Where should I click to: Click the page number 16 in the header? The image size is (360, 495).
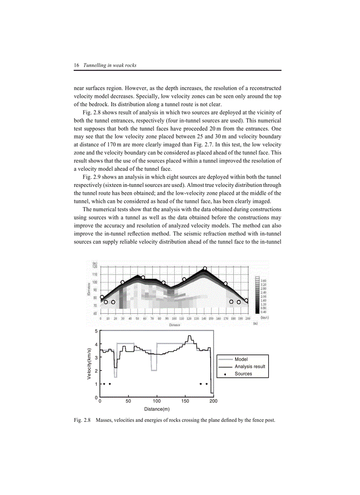click(x=76, y=65)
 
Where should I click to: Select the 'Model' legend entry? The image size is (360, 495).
click(x=241, y=360)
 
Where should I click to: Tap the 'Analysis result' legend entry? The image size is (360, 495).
click(x=250, y=367)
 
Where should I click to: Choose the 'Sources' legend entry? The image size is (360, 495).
click(x=243, y=374)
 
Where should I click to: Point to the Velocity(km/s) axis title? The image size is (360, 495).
click(x=89, y=364)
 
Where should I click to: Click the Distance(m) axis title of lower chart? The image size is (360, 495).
click(x=157, y=409)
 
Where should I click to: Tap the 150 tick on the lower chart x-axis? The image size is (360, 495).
click(x=185, y=402)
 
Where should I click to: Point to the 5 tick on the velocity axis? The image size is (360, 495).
click(x=96, y=331)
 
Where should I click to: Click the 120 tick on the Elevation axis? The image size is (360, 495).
click(x=95, y=266)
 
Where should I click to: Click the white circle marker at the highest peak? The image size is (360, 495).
click(x=205, y=268)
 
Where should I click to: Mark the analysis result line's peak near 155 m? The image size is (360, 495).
click(x=190, y=336)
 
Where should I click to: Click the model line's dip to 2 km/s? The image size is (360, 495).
click(x=154, y=370)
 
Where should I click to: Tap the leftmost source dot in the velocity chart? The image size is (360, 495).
click(x=104, y=384)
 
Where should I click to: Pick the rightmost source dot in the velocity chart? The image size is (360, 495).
click(x=206, y=384)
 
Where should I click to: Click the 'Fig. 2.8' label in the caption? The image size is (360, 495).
click(x=82, y=420)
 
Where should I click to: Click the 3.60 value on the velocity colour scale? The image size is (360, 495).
click(x=263, y=280)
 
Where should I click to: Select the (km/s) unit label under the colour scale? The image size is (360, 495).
click(x=265, y=317)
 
